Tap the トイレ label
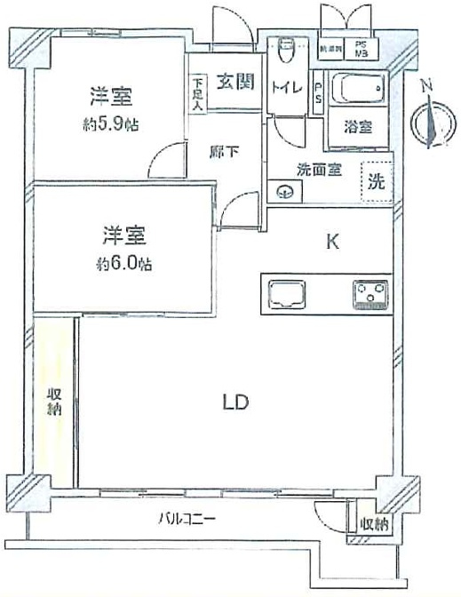click(x=285, y=86)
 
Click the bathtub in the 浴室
click(x=355, y=90)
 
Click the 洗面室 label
click(x=319, y=171)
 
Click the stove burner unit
click(x=370, y=293)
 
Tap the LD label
click(x=234, y=402)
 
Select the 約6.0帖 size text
click(x=123, y=264)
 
